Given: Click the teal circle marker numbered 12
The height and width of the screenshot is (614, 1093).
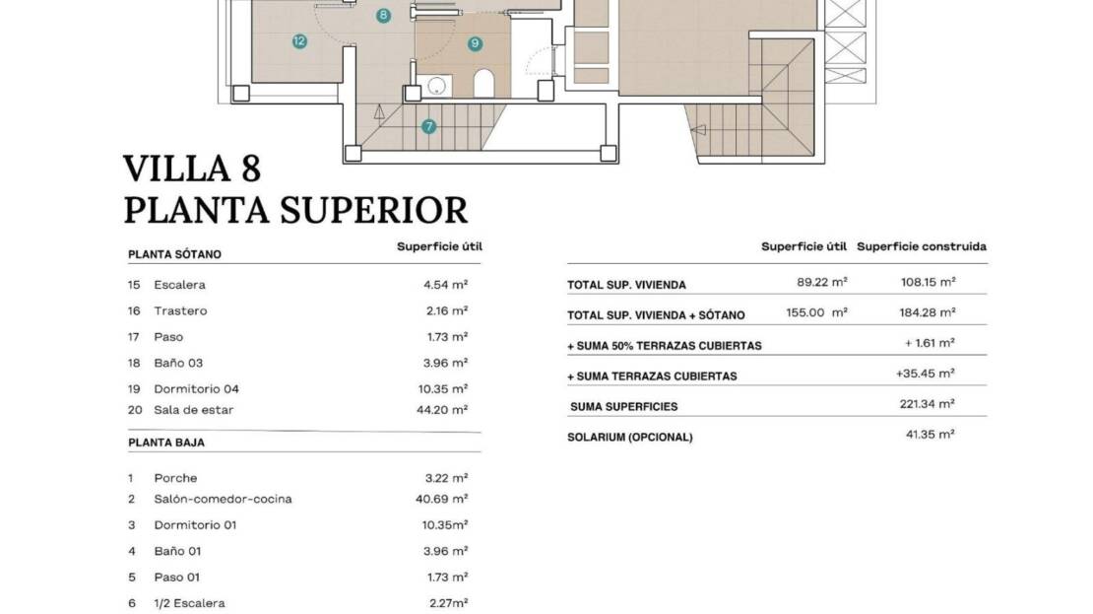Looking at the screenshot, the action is coord(299,41).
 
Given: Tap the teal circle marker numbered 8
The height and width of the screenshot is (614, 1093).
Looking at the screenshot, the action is coord(383,16).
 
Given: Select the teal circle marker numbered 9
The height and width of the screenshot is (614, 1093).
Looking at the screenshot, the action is coord(476,43).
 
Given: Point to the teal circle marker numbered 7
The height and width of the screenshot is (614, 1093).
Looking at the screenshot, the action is coord(428,126).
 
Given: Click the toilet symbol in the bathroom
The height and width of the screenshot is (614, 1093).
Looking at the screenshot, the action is coord(483,83).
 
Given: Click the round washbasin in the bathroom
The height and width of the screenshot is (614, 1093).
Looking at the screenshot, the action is coord(436,86).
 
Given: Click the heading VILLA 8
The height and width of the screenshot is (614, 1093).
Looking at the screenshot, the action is coord(192,169).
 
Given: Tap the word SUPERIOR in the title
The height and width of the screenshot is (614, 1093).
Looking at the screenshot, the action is coord(373,210).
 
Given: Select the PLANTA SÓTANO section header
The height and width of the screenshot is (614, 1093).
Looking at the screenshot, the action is coord(174,254).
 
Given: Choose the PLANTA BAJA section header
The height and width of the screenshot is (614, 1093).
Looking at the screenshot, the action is coord(165,443).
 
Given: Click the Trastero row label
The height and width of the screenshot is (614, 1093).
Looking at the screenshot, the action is coord(180,310).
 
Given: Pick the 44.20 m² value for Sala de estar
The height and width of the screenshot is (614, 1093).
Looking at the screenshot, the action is coord(442,410).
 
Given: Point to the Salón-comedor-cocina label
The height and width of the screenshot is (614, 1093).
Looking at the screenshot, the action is coord(224,499).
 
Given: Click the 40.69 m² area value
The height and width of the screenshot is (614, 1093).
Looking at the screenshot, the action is coord(442,499).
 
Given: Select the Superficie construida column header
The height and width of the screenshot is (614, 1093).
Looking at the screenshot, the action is coord(922,246).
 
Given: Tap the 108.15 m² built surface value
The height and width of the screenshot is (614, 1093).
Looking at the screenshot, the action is coord(928,282).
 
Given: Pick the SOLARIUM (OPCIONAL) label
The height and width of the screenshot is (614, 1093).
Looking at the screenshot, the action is coord(630,438).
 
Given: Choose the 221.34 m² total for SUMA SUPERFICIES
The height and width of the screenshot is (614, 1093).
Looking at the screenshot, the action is coord(928,403).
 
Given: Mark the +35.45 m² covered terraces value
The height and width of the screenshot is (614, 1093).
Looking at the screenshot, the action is coord(925,374).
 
